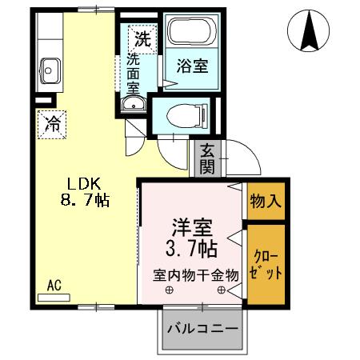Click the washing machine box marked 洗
pos(142,38)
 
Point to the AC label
pos(54,284)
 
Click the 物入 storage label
pos(265,201)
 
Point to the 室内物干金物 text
pos(196,274)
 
